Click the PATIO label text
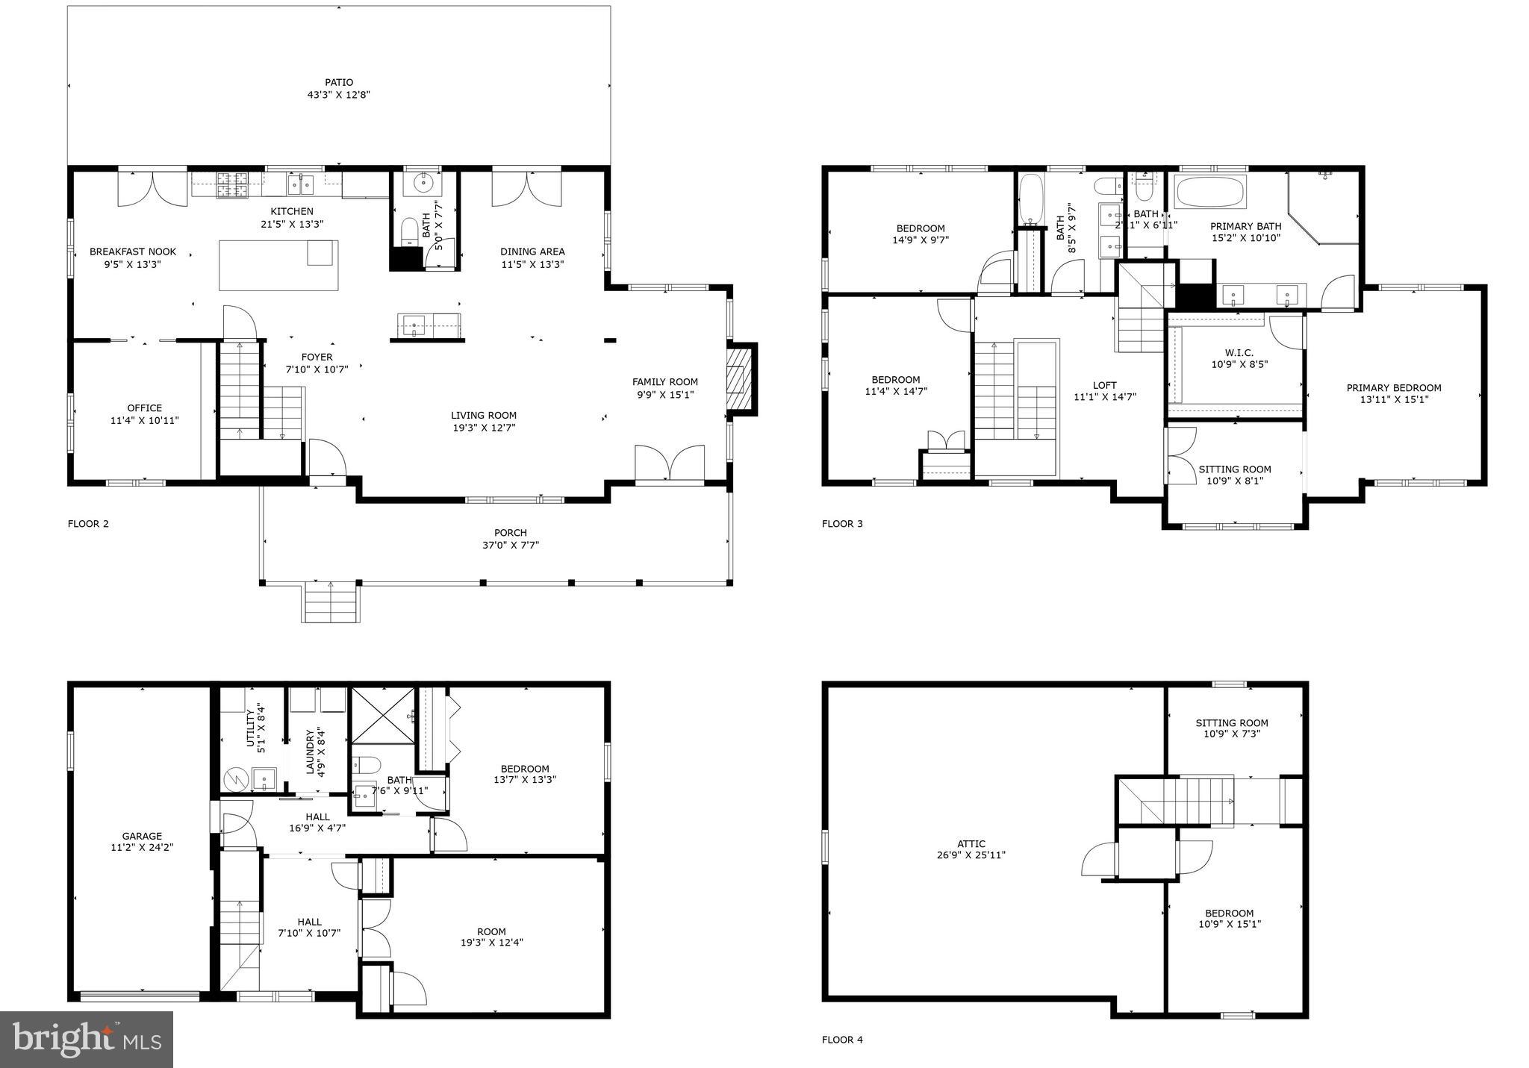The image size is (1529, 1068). pyautogui.click(x=338, y=83)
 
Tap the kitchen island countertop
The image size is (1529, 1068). pyautogui.click(x=278, y=266)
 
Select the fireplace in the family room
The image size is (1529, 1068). pyautogui.click(x=737, y=379)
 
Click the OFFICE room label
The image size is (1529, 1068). pyautogui.click(x=144, y=408)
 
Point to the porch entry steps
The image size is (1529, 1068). pyautogui.click(x=331, y=603)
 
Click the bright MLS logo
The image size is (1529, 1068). pyautogui.click(x=87, y=1039)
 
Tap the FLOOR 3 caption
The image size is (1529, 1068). pyautogui.click(x=841, y=524)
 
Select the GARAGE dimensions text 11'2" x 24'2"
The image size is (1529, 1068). pyautogui.click(x=142, y=848)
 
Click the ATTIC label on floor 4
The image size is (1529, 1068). pyautogui.click(x=971, y=844)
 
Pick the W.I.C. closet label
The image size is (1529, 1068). pyautogui.click(x=1239, y=353)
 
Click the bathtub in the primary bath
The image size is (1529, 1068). pyautogui.click(x=1209, y=193)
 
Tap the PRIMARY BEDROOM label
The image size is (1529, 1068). pyautogui.click(x=1393, y=388)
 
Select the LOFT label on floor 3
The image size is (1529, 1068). pyautogui.click(x=1104, y=386)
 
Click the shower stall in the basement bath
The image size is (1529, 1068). pyautogui.click(x=382, y=716)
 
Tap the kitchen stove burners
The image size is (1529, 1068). pyautogui.click(x=233, y=185)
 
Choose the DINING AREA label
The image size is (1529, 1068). pyautogui.click(x=532, y=252)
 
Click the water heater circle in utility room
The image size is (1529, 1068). pyautogui.click(x=237, y=779)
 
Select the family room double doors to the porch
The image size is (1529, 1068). pyautogui.click(x=669, y=463)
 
